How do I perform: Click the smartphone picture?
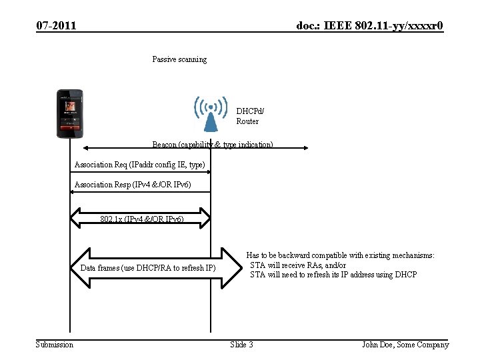pos(69,113)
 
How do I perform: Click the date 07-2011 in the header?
pos(56,26)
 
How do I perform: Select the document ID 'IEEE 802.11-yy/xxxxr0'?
pos(369,26)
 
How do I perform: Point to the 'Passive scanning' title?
pos(179,59)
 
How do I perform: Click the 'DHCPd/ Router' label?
pos(248,116)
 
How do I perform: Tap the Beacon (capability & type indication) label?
pos(212,145)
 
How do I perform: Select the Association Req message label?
pos(139,165)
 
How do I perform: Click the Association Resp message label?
pos(132,185)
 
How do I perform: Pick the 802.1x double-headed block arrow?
pos(142,219)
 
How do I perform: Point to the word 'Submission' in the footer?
pos(55,345)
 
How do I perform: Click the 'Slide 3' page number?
pos(241,345)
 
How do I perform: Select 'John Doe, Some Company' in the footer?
pos(405,345)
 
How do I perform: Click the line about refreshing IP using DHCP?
pos(333,275)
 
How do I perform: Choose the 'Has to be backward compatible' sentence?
pos(340,255)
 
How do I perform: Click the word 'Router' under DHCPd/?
pos(247,121)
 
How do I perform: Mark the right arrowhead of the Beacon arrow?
pos(303,148)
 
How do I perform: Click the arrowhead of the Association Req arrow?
pos(208,172)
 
